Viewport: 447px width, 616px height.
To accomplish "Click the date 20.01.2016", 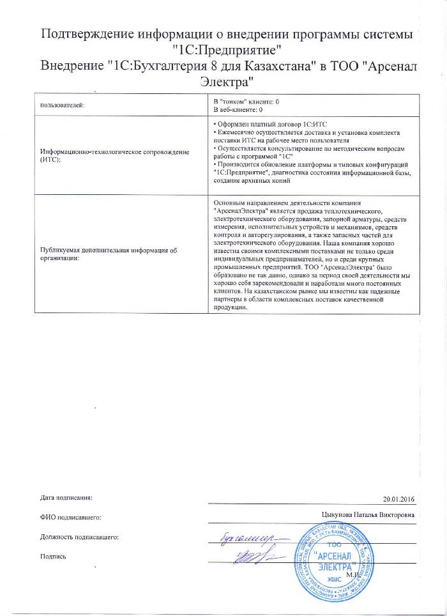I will point(398,498).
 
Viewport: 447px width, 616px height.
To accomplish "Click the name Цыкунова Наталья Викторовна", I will point(369,515).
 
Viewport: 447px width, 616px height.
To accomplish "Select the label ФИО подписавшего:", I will point(70,516).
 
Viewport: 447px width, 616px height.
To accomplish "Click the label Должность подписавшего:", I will point(79,536).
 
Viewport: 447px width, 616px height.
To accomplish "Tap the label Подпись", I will point(53,556).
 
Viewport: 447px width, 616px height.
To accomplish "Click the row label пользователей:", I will point(62,105).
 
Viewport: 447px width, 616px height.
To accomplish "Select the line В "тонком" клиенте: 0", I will point(246,101).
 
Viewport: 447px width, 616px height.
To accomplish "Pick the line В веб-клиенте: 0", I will point(238,109).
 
